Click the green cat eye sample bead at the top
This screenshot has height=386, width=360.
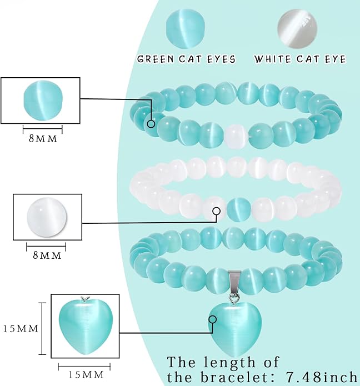pyautogui.click(x=186, y=29)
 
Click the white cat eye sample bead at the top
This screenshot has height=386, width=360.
pyautogui.click(x=297, y=29)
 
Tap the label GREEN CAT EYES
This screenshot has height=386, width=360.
pyautogui.click(x=186, y=59)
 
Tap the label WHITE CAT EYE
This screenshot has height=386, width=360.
pyautogui.click(x=300, y=59)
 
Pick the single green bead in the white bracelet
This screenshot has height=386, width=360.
pyautogui.click(x=238, y=209)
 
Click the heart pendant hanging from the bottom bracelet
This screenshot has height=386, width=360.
pyautogui.click(x=235, y=330)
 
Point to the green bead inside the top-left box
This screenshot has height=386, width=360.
pyautogui.click(x=43, y=100)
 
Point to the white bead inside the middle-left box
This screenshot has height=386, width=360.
pyautogui.click(x=47, y=217)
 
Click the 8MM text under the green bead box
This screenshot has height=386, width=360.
pyautogui.click(x=43, y=139)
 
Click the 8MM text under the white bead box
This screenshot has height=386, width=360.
pyautogui.click(x=47, y=255)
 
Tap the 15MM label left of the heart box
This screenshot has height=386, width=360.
pyautogui.click(x=21, y=329)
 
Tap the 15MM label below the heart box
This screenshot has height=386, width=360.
pyautogui.click(x=86, y=375)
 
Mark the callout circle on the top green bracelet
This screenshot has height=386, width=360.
pyautogui.click(x=151, y=124)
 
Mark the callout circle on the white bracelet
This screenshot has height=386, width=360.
pyautogui.click(x=217, y=211)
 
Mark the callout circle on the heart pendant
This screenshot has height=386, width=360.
pyautogui.click(x=213, y=319)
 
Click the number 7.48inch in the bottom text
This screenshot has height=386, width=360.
pyautogui.click(x=321, y=377)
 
